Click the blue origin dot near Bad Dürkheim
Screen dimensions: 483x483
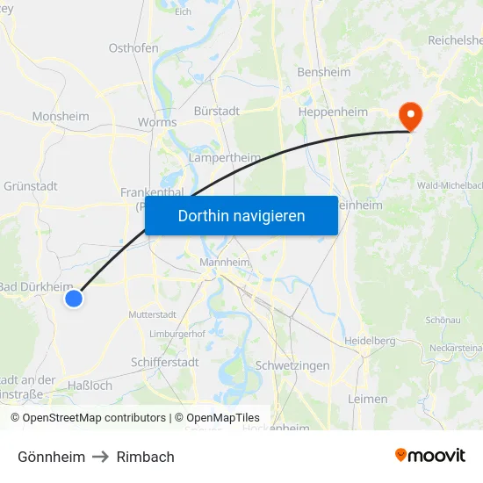point(74,299)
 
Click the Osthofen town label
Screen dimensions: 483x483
point(133,48)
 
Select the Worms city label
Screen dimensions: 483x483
point(157,123)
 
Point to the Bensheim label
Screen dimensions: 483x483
point(324,72)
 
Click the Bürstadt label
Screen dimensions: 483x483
point(217,112)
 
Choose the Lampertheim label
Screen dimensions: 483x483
point(225,158)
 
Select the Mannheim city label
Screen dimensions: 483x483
point(225,263)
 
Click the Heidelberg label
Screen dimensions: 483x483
point(370,341)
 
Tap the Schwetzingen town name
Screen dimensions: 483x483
point(292,365)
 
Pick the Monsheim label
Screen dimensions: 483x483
point(61,116)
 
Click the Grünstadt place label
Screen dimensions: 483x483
point(31,186)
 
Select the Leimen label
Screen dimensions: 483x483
point(367,399)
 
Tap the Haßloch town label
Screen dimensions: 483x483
point(90,386)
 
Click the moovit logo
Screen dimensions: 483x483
point(430,455)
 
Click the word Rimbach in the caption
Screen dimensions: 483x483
point(146,457)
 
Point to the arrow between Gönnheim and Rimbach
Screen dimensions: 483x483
point(101,457)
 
